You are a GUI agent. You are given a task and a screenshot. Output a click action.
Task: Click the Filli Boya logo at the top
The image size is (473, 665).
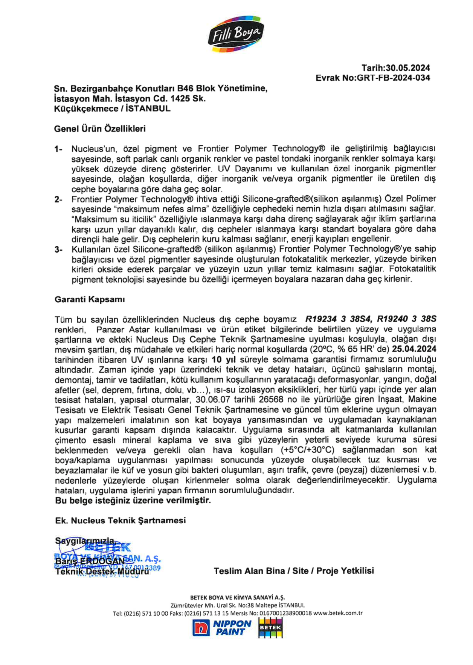236,34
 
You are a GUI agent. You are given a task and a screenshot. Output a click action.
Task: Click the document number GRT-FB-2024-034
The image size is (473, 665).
393,78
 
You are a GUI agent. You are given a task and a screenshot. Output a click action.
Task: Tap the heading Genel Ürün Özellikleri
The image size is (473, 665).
100,129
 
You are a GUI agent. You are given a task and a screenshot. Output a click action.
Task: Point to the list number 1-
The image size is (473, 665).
58,149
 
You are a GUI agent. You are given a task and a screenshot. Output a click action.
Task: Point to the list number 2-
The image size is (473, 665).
58,199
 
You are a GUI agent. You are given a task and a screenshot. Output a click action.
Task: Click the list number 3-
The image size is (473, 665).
58,250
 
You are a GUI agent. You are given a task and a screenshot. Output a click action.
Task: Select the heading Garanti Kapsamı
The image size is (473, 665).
90,300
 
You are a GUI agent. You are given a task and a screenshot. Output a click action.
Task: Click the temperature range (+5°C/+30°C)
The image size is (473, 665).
307,450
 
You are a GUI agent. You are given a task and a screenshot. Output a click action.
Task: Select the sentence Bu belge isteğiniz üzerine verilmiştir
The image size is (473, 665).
133,501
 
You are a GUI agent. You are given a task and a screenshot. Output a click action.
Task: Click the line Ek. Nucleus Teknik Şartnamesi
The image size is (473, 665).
121,521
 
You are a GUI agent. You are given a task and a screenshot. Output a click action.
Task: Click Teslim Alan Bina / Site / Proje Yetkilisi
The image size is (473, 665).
294,571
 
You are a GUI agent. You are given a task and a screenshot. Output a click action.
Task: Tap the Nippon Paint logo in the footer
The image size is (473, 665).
222,628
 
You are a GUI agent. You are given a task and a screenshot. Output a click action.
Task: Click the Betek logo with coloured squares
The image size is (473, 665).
270,628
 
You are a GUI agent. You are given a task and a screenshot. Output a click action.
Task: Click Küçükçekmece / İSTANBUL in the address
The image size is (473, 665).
112,109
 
